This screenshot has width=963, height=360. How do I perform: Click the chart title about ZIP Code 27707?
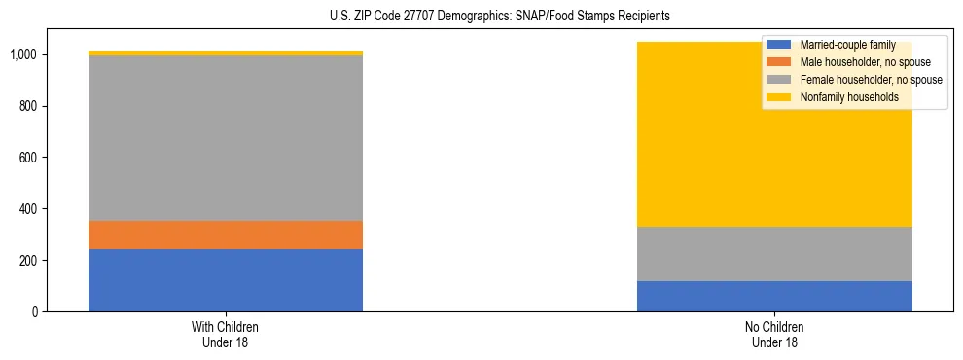481,17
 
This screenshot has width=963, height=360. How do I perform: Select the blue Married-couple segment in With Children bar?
226,280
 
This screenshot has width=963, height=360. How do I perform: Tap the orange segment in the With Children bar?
226,234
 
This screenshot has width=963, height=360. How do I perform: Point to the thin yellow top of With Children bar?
226,54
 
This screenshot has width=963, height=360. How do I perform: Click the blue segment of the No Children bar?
774,296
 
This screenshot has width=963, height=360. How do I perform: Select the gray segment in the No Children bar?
774,254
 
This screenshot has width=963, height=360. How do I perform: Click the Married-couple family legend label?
847,45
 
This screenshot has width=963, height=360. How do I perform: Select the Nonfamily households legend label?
849,97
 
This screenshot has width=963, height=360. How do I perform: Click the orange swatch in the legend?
779,62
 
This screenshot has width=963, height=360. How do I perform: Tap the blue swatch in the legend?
779,45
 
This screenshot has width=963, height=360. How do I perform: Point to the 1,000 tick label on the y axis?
24,54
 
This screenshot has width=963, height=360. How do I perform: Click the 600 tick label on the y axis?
29,158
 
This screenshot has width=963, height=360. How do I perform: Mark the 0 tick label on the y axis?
35,312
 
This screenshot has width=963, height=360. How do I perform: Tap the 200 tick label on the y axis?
29,261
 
